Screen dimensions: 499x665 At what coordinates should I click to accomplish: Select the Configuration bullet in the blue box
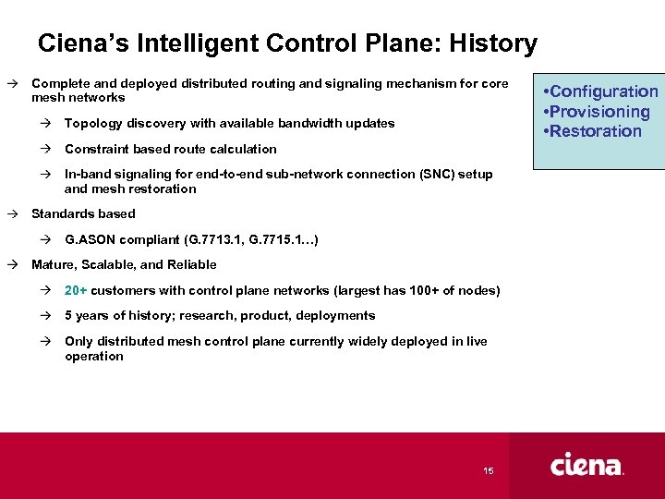pyautogui.click(x=601, y=91)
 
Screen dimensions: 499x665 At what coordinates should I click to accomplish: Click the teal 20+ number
pyautogui.click(x=76, y=290)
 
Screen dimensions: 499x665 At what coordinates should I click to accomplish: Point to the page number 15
pyautogui.click(x=488, y=471)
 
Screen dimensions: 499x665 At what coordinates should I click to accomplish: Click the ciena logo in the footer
pyautogui.click(x=586, y=465)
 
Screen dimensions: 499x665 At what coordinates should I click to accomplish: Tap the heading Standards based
pyautogui.click(x=83, y=213)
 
